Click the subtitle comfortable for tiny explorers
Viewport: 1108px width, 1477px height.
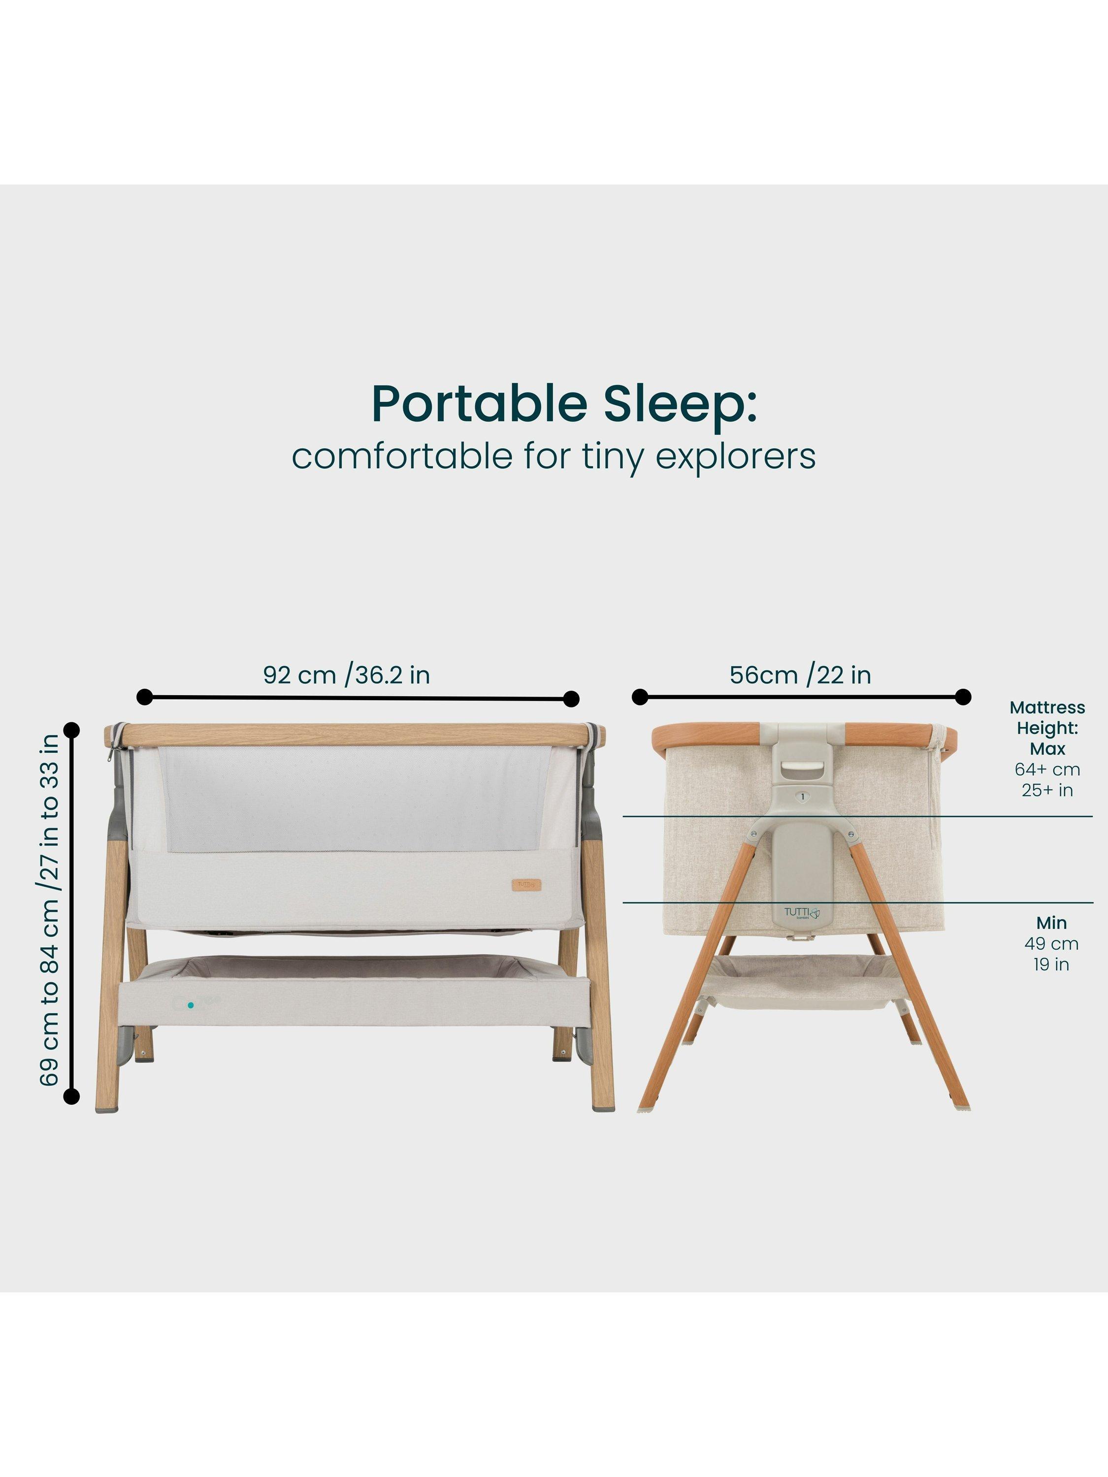(x=554, y=457)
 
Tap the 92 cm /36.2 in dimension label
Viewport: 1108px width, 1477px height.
(x=347, y=674)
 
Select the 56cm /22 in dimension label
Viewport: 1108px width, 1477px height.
(x=800, y=674)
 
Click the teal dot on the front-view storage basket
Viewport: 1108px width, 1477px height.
(x=191, y=1004)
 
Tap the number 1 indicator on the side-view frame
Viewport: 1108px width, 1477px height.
(x=802, y=797)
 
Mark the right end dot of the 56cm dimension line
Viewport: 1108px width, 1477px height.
(x=963, y=697)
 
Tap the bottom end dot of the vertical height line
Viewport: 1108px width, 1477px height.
(x=71, y=1096)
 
